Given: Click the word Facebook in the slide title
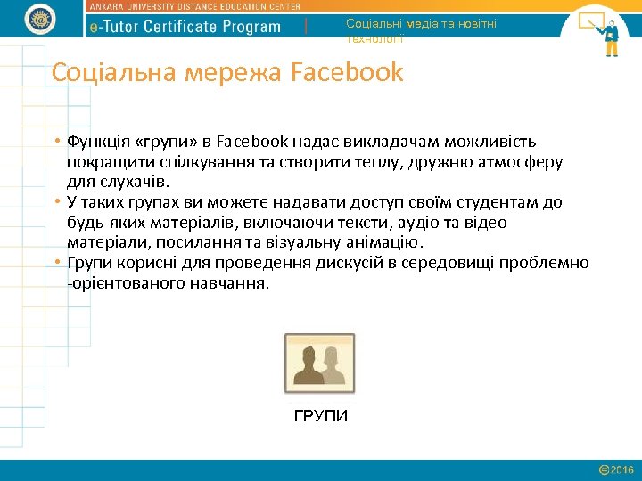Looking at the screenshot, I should (x=348, y=72).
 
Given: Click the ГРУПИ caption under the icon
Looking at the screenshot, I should (x=320, y=417).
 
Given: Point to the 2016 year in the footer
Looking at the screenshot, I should (x=622, y=469).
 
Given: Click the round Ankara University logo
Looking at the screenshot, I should (x=41, y=19).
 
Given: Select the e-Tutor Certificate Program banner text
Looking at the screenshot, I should (x=185, y=27).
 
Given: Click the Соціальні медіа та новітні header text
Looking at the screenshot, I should (x=422, y=24).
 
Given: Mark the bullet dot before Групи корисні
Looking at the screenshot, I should (x=56, y=263).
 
